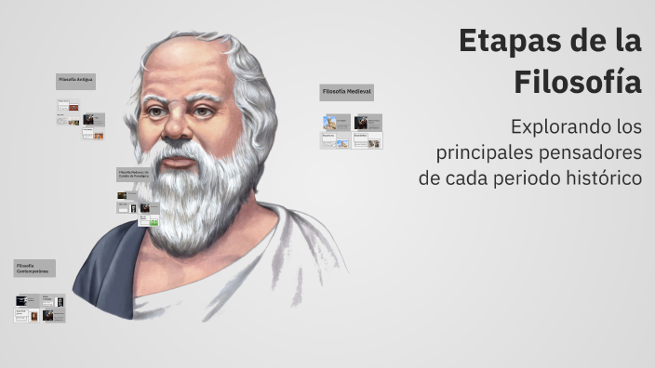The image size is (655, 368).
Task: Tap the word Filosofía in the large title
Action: (578, 82)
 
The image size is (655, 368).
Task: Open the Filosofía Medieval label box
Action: (347, 92)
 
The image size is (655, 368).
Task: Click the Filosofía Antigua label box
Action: (76, 81)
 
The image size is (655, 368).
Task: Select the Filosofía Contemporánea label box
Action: (34, 269)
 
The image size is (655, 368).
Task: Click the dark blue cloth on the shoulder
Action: (110, 269)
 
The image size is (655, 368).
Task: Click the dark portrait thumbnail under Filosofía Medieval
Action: (361, 122)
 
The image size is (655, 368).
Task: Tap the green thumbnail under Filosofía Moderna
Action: (154, 221)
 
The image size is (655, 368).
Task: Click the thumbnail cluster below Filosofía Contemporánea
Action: (39, 309)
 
